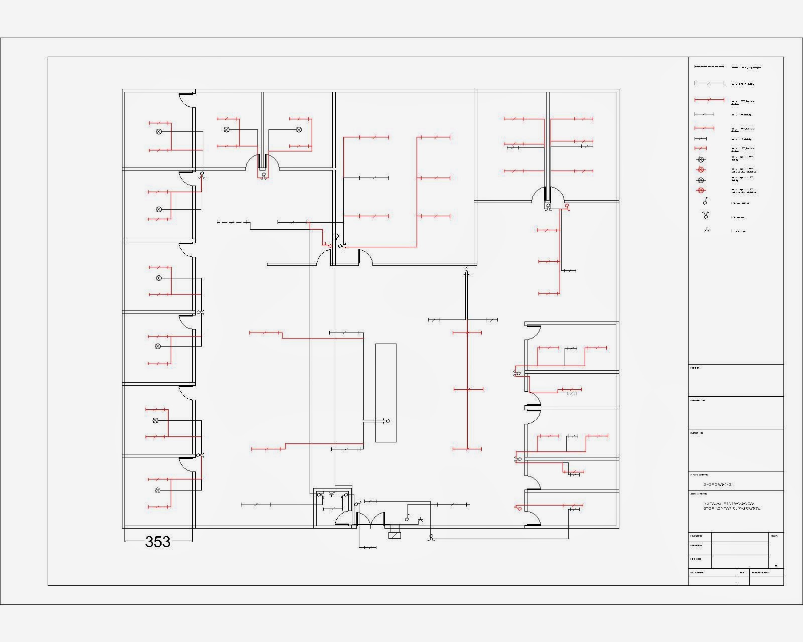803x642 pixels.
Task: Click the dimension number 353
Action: pyautogui.click(x=158, y=542)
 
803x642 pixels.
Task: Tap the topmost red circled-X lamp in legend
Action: pyautogui.click(x=702, y=170)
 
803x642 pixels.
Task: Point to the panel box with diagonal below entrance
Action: pyautogui.click(x=395, y=535)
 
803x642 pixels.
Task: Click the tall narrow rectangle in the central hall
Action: pyautogui.click(x=385, y=393)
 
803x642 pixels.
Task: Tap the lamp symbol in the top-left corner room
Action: pyautogui.click(x=159, y=131)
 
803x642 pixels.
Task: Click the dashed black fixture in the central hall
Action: pyautogui.click(x=232, y=222)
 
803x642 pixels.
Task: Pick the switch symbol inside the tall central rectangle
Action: pyautogui.click(x=387, y=421)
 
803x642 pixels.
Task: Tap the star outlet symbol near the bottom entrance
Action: pyautogui.click(x=421, y=519)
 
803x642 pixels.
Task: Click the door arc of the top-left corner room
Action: pyautogui.click(x=187, y=102)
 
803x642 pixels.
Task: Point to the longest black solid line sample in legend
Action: pyautogui.click(x=709, y=83)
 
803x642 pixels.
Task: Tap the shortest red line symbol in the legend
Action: pyautogui.click(x=701, y=148)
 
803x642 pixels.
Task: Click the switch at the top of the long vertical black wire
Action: pyautogui.click(x=466, y=270)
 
